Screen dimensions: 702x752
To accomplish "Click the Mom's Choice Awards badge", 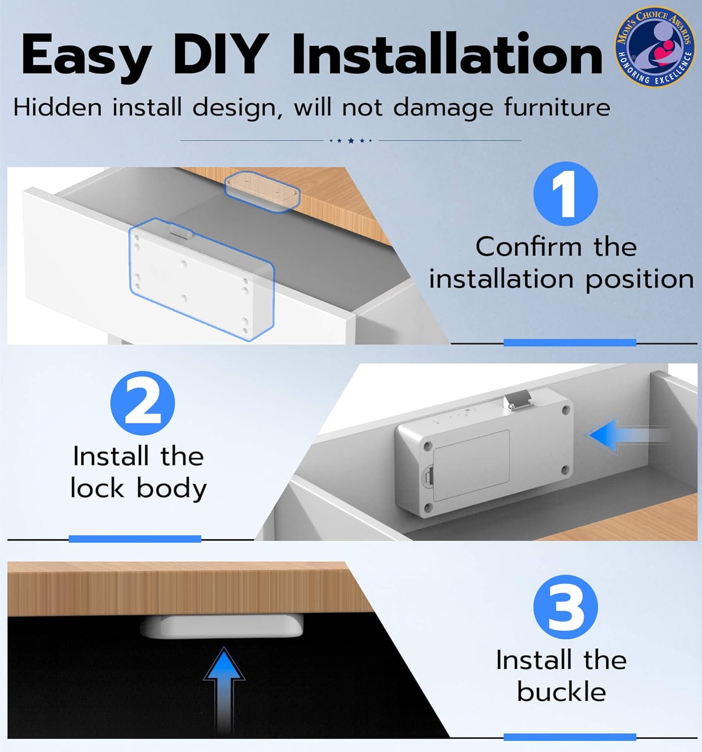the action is tap(655, 46).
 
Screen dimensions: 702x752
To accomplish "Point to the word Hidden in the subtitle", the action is tap(58, 107).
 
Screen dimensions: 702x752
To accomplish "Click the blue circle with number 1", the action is tap(565, 194).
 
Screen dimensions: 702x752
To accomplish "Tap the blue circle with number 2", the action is tap(142, 403).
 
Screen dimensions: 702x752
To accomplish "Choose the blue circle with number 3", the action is tap(565, 607).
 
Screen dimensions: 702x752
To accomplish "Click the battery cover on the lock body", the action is tap(471, 465).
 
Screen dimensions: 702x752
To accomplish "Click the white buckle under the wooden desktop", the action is tap(222, 627).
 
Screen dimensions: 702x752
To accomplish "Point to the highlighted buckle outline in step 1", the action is tap(263, 191).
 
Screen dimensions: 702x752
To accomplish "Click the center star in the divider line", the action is tap(351, 140).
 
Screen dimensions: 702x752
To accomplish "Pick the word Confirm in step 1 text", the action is tap(529, 247).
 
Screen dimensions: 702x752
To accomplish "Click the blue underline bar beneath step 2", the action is tap(135, 539).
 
